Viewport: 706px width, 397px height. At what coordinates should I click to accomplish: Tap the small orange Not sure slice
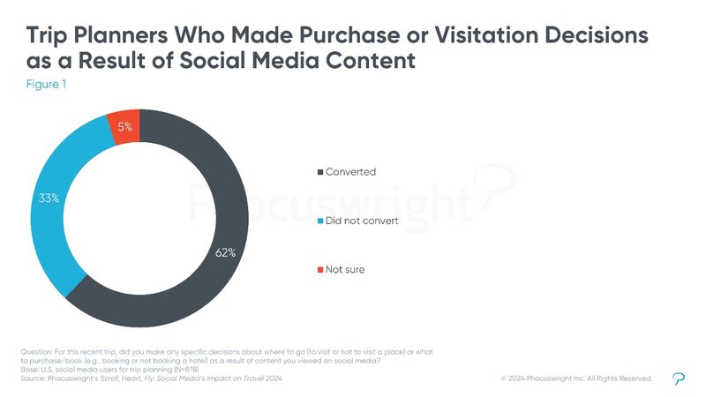124,127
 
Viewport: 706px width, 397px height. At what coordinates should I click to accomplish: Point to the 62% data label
226,253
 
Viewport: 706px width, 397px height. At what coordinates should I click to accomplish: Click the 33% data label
49,198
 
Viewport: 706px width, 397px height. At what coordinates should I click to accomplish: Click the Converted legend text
349,171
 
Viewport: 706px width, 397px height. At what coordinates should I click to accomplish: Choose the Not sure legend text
345,270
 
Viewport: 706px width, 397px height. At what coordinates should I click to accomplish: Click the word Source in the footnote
33,378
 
